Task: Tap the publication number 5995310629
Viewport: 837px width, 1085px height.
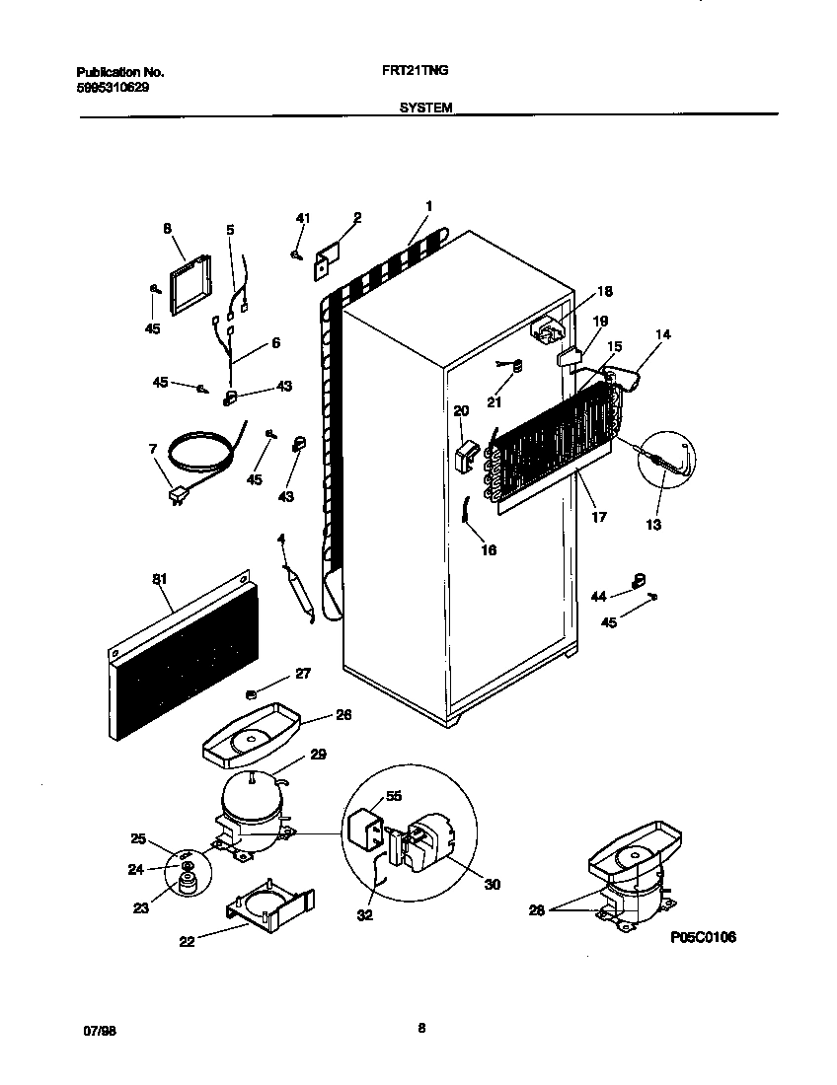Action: point(114,87)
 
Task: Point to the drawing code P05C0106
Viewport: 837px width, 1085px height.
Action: point(703,937)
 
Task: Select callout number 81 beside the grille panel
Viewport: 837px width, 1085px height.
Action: point(160,581)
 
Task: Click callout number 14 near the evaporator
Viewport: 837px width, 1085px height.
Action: point(662,334)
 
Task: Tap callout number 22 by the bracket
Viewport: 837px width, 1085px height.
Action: point(187,941)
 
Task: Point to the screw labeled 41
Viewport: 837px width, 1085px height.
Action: point(296,254)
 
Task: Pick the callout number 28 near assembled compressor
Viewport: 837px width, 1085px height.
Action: point(536,909)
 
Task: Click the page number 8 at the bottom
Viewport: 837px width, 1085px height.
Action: point(420,1029)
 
